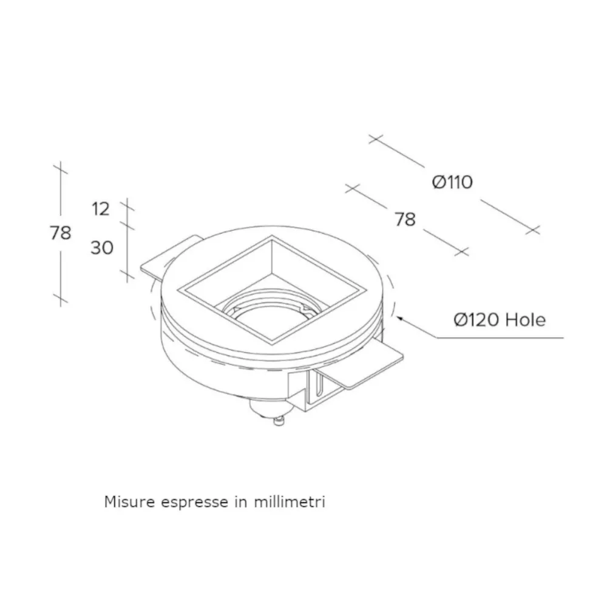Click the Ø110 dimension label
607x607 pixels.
tap(452, 181)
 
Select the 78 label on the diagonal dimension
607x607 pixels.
tap(405, 219)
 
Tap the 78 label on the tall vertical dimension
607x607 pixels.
tap(60, 232)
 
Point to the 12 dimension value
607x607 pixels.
tap(101, 209)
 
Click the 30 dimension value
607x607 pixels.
tap(101, 247)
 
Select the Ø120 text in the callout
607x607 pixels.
tap(477, 320)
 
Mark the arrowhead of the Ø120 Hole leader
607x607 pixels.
tap(399, 317)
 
